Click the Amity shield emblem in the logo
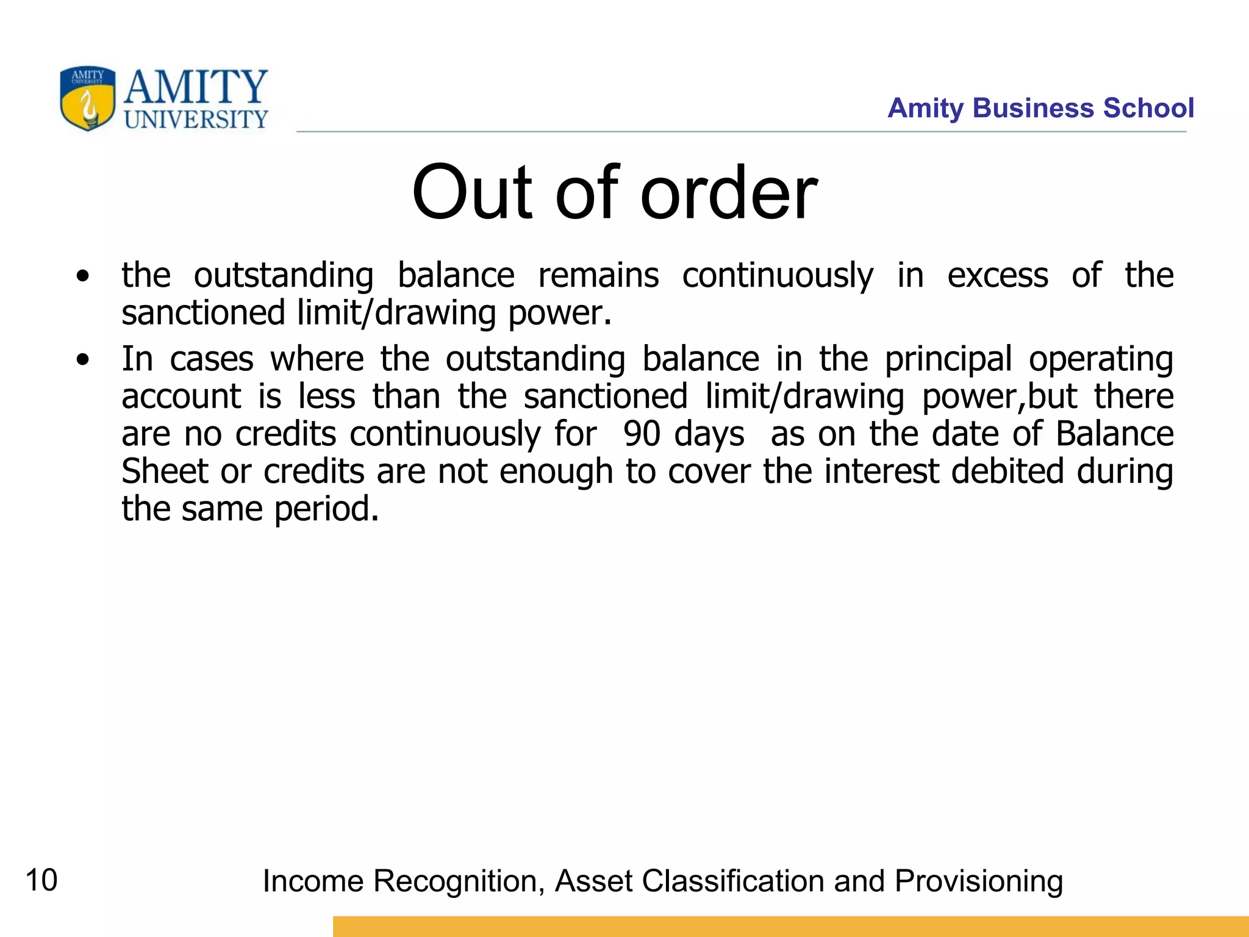pyautogui.click(x=87, y=98)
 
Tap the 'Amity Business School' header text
pyautogui.click(x=1040, y=108)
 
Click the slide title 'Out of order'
pyautogui.click(x=614, y=193)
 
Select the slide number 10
pyautogui.click(x=41, y=880)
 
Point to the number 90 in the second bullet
pyautogui.click(x=642, y=434)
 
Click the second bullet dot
pyautogui.click(x=82, y=361)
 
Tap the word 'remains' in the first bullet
pyautogui.click(x=598, y=275)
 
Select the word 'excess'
pyautogui.click(x=998, y=275)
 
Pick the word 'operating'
pyautogui.click(x=1101, y=359)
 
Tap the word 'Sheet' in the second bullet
pyautogui.click(x=165, y=471)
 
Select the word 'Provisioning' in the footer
pyautogui.click(x=978, y=881)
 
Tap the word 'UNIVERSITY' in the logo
pyautogui.click(x=196, y=119)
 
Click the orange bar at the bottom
pyautogui.click(x=790, y=926)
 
